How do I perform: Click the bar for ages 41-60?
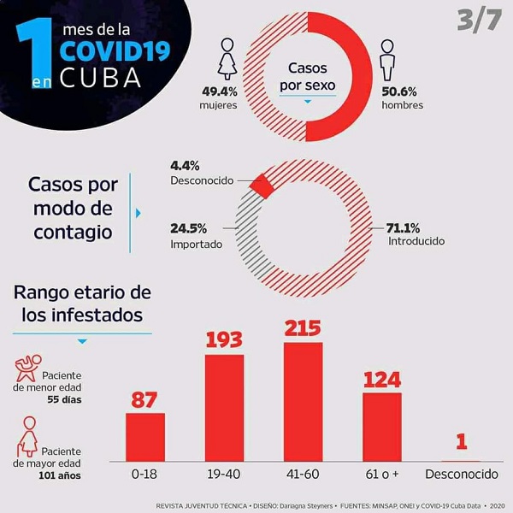tap(303, 402)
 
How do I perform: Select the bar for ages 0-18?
tap(145, 437)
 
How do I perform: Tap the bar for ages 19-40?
tap(224, 407)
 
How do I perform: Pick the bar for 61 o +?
tap(381, 427)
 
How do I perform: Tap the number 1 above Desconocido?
tap(461, 442)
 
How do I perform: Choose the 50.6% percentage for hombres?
tap(400, 91)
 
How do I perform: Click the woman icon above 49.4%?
tap(228, 58)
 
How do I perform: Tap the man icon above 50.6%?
tap(388, 58)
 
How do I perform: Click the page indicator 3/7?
tap(478, 21)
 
